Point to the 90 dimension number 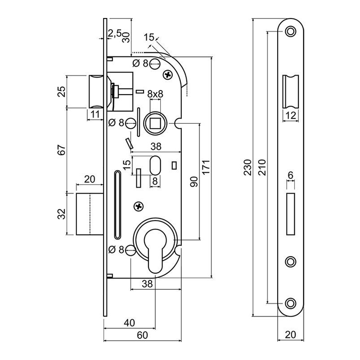tap(194, 181)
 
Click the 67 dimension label tap(63, 150)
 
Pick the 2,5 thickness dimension tap(116, 33)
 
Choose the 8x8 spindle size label tap(155, 94)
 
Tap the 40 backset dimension tap(129, 323)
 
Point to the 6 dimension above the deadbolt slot tap(290, 174)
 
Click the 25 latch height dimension tap(63, 91)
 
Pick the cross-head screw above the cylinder tap(139, 206)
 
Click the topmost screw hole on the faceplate tap(290, 31)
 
